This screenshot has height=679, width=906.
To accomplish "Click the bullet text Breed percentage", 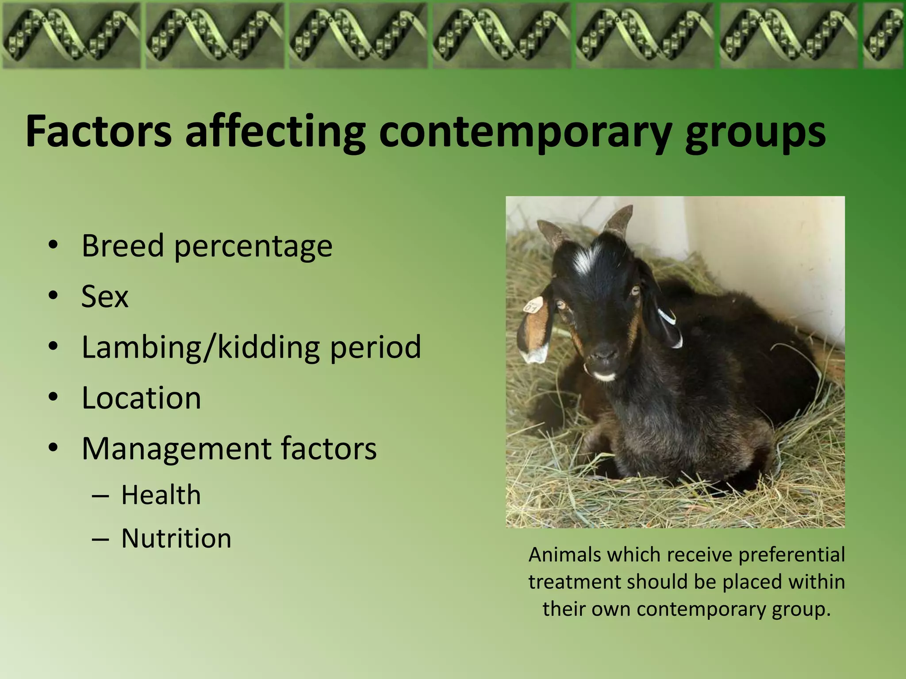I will (x=207, y=246).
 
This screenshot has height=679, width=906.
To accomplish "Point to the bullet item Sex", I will (x=105, y=296).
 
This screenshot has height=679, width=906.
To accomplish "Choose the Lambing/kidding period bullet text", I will (x=251, y=347).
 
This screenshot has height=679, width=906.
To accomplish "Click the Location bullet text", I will (x=142, y=398).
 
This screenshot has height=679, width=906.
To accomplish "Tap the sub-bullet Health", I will (x=161, y=495).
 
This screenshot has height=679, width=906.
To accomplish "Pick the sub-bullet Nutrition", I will (x=176, y=538).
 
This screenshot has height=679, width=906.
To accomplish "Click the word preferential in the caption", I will (x=791, y=555).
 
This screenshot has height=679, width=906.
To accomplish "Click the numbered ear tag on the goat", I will (x=533, y=305).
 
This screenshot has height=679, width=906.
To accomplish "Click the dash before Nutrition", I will (x=100, y=540).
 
